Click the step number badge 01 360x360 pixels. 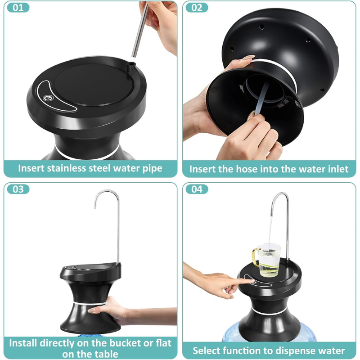pyautogui.click(x=18, y=8)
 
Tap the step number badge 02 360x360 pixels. pyautogui.click(x=197, y=8)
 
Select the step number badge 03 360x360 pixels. pyautogui.click(x=18, y=189)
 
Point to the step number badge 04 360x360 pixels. pyautogui.click(x=197, y=189)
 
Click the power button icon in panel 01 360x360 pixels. pyautogui.click(x=49, y=98)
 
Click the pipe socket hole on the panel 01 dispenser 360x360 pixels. pyautogui.click(x=132, y=63)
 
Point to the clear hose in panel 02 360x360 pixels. pyautogui.click(x=262, y=98)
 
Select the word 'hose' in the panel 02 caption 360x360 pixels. pyautogui.click(x=247, y=169)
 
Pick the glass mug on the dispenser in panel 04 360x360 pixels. pyautogui.click(x=267, y=260)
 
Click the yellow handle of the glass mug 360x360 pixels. pyautogui.click(x=255, y=257)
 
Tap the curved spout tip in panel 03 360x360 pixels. pyautogui.click(x=95, y=207)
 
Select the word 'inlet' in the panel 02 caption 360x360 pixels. pyautogui.click(x=339, y=169)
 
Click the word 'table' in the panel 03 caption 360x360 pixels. pyautogui.click(x=107, y=354)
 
